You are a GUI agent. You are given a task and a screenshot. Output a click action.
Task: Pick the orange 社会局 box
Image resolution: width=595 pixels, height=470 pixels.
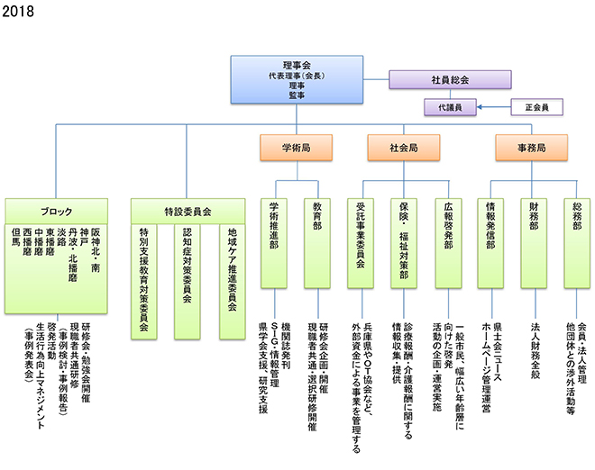click(x=403, y=146)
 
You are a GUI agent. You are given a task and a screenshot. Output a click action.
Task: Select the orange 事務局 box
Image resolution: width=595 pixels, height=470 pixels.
click(x=532, y=146)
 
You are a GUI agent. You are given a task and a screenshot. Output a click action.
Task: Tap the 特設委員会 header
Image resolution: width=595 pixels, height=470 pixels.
click(x=187, y=212)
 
